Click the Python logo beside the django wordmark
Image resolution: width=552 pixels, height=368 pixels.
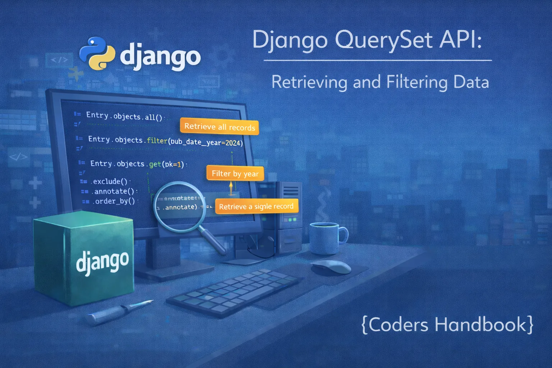(x=96, y=53)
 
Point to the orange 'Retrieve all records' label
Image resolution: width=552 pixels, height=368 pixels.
(x=219, y=127)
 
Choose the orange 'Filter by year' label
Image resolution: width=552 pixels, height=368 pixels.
(x=235, y=174)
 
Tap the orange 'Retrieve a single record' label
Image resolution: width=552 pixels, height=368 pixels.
(x=256, y=207)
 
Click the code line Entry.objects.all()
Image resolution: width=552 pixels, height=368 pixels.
(x=124, y=116)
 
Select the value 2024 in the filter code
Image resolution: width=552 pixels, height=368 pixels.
(x=233, y=143)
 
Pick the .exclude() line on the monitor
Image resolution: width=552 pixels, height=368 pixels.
(x=110, y=181)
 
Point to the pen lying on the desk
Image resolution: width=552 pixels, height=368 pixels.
(x=119, y=311)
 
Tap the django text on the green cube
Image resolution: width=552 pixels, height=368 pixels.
(x=102, y=261)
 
